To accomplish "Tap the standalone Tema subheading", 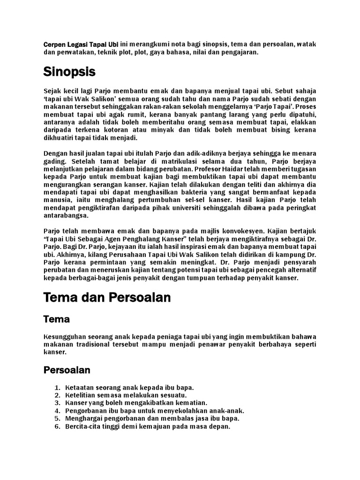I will pos(56,319).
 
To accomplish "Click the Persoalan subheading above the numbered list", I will pos(67,370).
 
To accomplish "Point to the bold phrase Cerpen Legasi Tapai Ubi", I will pos(81,44).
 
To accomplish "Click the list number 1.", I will pos(57,388).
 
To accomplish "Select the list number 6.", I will pos(57,427).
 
